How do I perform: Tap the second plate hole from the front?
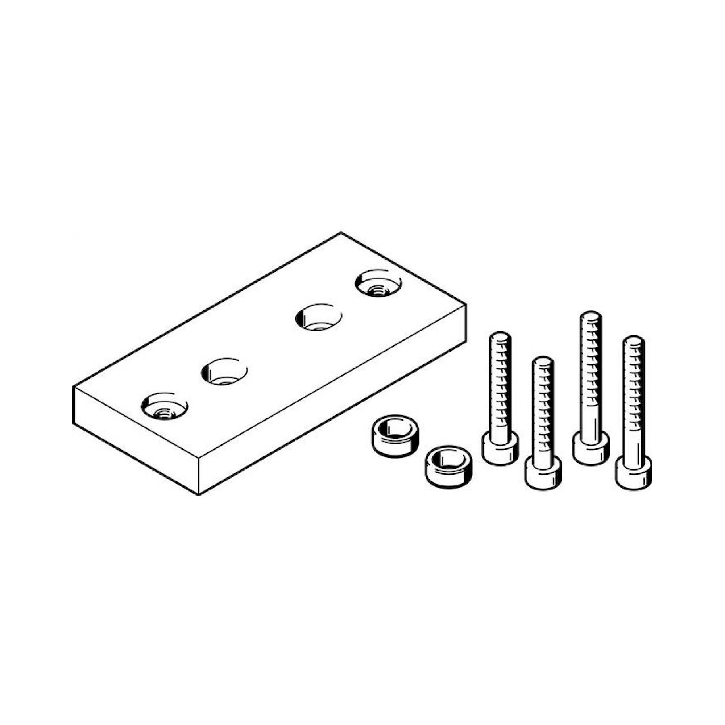pyautogui.click(x=224, y=372)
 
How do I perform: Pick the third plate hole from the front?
pyautogui.click(x=318, y=317)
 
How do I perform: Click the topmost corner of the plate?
pyautogui.click(x=341, y=233)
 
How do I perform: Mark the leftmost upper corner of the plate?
pyautogui.click(x=74, y=387)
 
